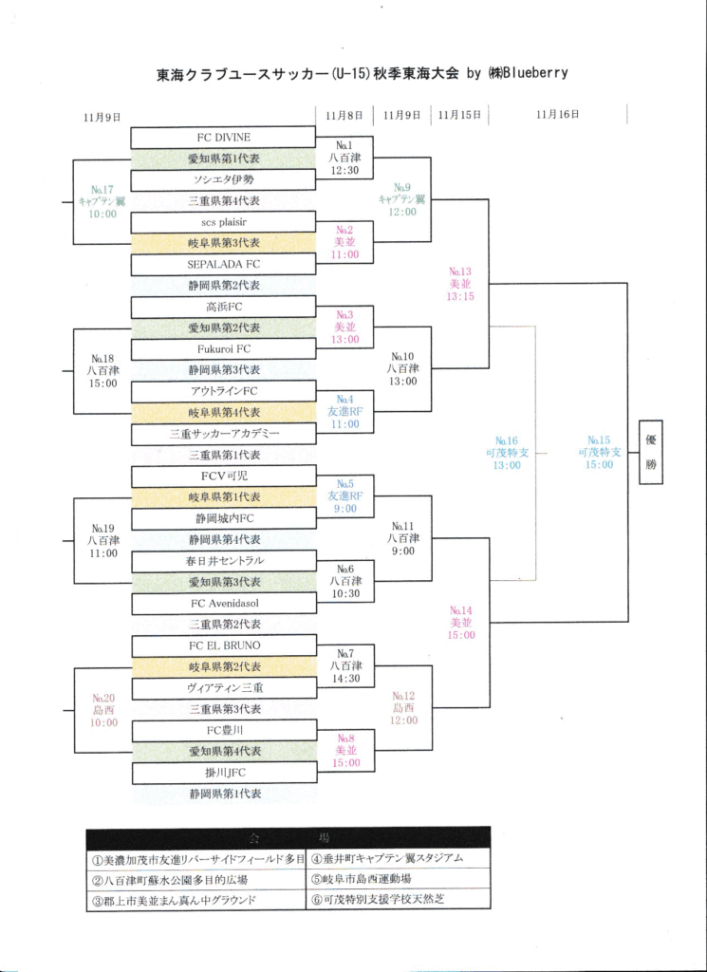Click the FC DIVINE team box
click(x=224, y=137)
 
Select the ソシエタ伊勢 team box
click(x=224, y=179)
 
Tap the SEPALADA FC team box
click(x=224, y=264)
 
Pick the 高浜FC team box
click(x=224, y=307)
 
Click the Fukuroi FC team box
click(x=224, y=348)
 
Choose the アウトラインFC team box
click(x=224, y=391)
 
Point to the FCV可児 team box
click(x=224, y=476)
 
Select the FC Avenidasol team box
click(x=224, y=603)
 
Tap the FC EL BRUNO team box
click(x=224, y=645)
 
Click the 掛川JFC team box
click(x=224, y=773)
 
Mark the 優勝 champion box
click(x=650, y=452)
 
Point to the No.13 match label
click(x=460, y=283)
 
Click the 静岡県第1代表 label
click(x=224, y=794)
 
